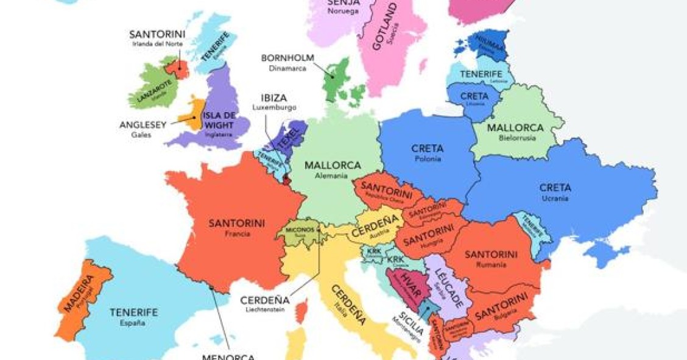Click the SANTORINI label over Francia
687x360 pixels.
[x=236, y=224]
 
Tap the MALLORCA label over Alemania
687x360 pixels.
[x=333, y=165]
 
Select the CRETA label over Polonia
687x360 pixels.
[x=427, y=149]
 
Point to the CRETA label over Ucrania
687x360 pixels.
[x=555, y=188]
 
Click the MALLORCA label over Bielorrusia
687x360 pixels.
[x=515, y=128]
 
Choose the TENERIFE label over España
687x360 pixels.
[x=134, y=312]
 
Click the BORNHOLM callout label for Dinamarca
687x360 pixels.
[x=287, y=58]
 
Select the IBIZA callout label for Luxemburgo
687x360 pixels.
[x=274, y=97]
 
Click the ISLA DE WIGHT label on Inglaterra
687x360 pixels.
[x=219, y=120]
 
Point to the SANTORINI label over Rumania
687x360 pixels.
[x=491, y=254]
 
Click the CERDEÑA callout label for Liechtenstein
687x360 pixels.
[x=264, y=300]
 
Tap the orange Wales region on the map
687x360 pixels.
[x=194, y=114]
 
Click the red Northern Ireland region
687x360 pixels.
[x=178, y=68]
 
